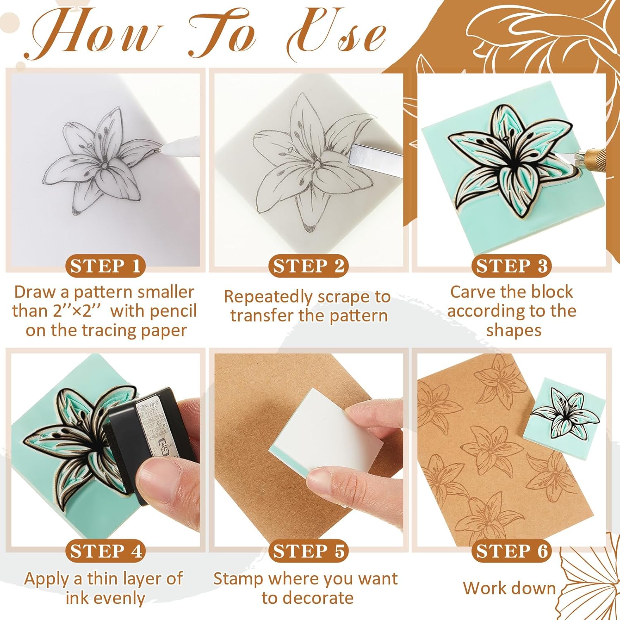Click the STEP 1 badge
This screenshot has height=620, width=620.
point(105,266)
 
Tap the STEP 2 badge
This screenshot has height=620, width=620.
point(308,266)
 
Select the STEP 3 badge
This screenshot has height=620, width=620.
point(512,266)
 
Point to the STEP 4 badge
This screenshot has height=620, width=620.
point(105,551)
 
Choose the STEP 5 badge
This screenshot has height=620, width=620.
point(308,551)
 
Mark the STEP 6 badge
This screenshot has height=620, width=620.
point(512,551)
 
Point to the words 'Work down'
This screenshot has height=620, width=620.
point(509,588)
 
